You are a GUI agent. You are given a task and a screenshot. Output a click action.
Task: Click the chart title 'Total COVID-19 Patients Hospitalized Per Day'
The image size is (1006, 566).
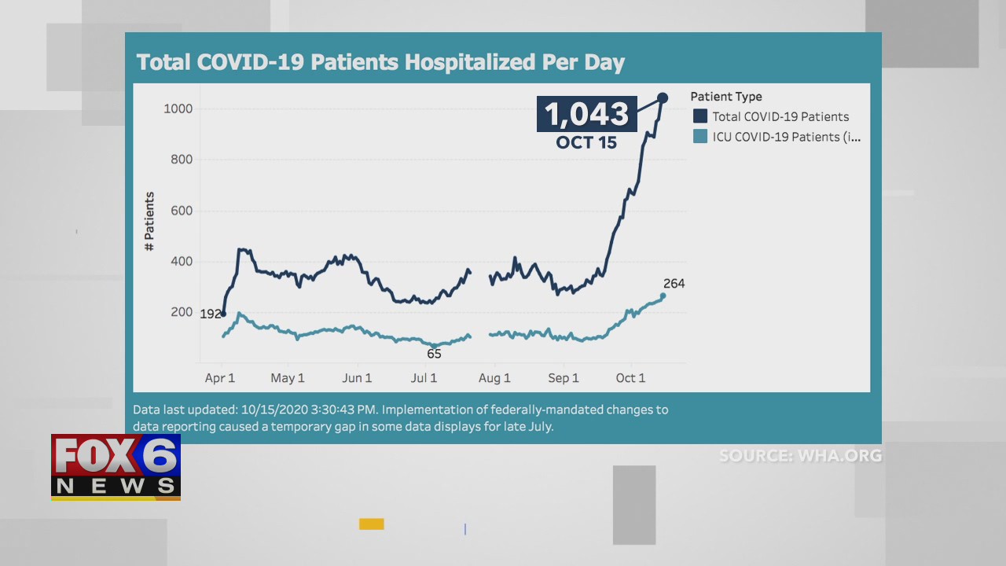[x=380, y=62]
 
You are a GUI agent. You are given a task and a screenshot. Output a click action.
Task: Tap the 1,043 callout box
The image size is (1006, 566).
[x=587, y=114]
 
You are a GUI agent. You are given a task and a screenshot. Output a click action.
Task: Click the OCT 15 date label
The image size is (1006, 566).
[x=586, y=143]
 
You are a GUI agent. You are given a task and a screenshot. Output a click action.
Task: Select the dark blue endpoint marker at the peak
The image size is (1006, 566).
[x=663, y=97]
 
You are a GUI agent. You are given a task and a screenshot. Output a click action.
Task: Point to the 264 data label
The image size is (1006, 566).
[x=674, y=284]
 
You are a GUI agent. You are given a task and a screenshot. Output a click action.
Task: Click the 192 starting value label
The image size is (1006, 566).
[x=210, y=314]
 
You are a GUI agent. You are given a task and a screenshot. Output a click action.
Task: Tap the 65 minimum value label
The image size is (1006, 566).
[x=434, y=354]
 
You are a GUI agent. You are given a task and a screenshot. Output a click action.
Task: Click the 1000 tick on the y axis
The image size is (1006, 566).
[x=178, y=108]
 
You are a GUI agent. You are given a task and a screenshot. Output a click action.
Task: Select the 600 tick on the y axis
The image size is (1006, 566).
[x=181, y=211]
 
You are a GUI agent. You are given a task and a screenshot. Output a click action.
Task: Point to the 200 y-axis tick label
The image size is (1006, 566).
[x=181, y=312]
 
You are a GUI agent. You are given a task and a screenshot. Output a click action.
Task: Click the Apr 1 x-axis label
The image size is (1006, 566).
[x=220, y=378]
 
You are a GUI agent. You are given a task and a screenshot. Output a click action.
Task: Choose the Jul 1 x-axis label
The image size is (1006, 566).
[x=424, y=378]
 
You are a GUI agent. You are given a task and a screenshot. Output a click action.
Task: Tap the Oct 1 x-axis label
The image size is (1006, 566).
[x=630, y=378]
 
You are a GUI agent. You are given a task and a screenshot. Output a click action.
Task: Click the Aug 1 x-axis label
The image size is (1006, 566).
[x=494, y=378]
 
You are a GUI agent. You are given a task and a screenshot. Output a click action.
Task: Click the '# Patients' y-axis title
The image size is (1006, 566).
[x=149, y=222]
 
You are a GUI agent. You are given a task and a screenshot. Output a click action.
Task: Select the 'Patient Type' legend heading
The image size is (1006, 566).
[x=726, y=97]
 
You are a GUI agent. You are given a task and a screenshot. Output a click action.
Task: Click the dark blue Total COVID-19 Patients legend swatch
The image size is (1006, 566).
[x=700, y=116]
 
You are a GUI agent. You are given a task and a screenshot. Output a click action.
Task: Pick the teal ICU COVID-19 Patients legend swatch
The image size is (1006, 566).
[x=700, y=137]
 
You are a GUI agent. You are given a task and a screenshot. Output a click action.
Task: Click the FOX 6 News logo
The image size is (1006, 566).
[x=116, y=467]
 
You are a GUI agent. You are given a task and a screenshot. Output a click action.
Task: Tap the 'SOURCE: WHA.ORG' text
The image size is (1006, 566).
[x=800, y=456]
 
